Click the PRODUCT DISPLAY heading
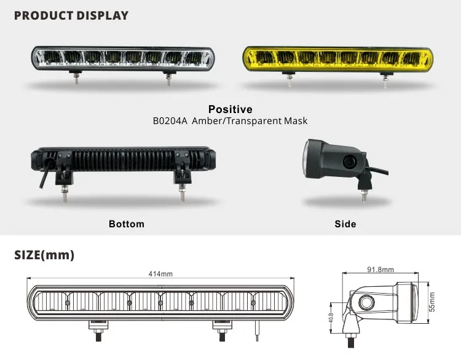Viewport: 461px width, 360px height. pos(71,15)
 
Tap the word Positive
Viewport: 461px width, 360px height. pos(230,109)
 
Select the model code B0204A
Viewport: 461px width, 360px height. pos(170,121)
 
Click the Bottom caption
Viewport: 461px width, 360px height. pos(127,224)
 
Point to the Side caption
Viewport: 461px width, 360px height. pos(345,224)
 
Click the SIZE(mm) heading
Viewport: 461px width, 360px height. pos(44,255)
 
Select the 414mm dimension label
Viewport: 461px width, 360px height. pos(160,274)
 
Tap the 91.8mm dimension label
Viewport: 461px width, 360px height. pos(380,270)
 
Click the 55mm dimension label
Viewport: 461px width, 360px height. pos(431,302)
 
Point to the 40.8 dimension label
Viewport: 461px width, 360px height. pos(331,318)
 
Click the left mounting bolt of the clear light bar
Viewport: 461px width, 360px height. pos(76,78)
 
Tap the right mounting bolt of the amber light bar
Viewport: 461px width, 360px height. pos(385,80)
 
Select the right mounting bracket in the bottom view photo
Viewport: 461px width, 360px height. pos(182,168)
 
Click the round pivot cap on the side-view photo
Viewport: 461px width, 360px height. pos(350,161)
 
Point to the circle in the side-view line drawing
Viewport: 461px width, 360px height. pos(366,302)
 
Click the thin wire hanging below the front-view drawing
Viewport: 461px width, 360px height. pos(257,331)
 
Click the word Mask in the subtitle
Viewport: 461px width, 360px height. pos(296,121)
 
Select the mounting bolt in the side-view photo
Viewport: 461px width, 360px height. pos(364,196)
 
